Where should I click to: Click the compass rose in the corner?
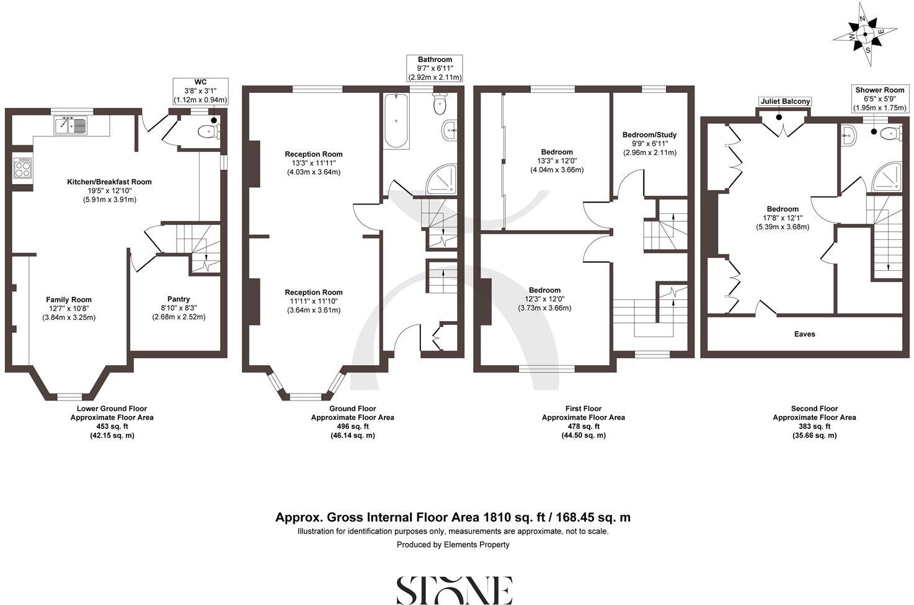[x=866, y=35]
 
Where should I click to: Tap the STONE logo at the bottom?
[x=454, y=590]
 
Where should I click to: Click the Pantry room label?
[x=179, y=299]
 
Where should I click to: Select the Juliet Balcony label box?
[x=785, y=102]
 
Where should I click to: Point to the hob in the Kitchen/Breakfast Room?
[x=22, y=169]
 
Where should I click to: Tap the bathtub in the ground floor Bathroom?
[x=396, y=120]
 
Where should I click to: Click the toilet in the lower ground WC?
[x=206, y=131]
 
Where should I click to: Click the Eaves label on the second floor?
[x=804, y=334]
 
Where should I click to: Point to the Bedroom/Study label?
[x=649, y=135]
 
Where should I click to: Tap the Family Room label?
[x=69, y=300]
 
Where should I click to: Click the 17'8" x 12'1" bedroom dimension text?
[x=782, y=218]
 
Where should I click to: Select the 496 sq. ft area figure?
[x=352, y=426]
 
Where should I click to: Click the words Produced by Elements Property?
[x=453, y=545]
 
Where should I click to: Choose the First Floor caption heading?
[x=583, y=408]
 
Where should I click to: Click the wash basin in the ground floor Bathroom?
[x=450, y=130]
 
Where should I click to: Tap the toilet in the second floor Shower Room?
[x=889, y=133]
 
